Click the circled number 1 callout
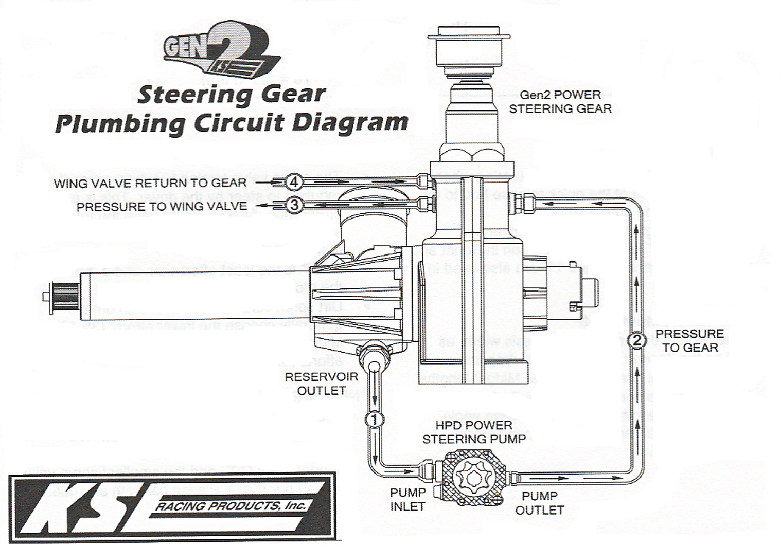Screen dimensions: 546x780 [x=375, y=420]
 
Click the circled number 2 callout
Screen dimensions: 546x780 [x=637, y=341]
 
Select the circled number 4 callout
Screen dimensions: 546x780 [x=294, y=182]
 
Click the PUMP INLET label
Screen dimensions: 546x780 [x=407, y=500]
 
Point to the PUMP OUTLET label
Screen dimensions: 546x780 [x=540, y=503]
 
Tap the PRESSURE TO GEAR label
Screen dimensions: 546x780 [x=689, y=341]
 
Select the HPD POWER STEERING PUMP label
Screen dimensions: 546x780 [x=474, y=432]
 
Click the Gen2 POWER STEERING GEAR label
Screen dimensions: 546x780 [x=560, y=102]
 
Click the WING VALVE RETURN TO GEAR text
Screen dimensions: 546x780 [x=150, y=183]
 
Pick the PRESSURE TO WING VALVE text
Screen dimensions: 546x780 [x=162, y=206]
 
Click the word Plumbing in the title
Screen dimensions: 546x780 [x=119, y=124]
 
